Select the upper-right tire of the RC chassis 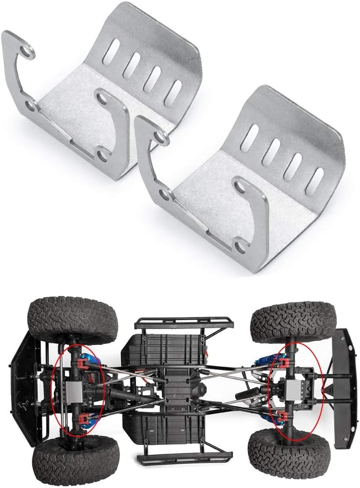pos(293,321)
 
